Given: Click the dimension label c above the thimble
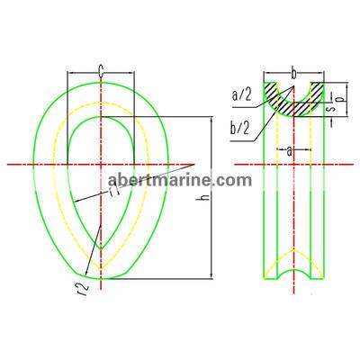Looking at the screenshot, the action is point(101,71).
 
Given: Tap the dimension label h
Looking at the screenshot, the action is point(205,196).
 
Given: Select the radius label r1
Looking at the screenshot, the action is point(115,190).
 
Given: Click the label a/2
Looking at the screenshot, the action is point(242,95).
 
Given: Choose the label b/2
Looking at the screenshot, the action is point(239,129).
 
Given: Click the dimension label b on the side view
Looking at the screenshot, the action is point(294,73).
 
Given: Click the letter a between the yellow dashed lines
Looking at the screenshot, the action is point(289,152).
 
